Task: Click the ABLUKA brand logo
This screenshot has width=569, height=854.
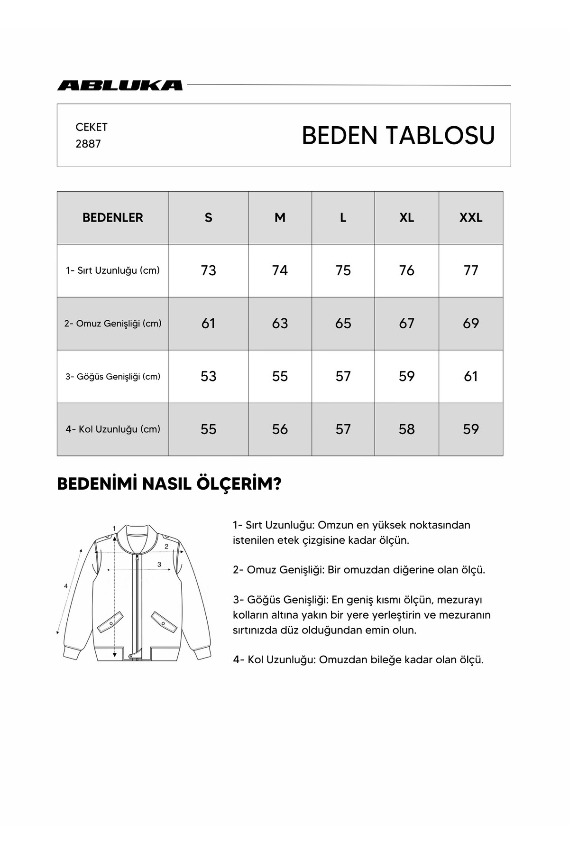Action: click(x=120, y=85)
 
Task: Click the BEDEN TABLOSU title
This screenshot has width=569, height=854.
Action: click(x=398, y=135)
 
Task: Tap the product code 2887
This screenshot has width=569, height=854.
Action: click(x=88, y=144)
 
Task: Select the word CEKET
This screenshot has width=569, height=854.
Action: click(x=92, y=127)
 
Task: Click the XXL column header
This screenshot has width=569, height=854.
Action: click(x=470, y=218)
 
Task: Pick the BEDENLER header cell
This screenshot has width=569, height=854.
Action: click(x=113, y=218)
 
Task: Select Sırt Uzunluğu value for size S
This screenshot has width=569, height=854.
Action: click(x=208, y=270)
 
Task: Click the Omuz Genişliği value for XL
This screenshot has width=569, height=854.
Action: click(x=406, y=324)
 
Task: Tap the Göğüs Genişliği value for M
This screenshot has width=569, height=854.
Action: click(x=280, y=376)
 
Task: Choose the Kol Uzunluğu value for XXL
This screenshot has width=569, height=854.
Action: click(x=470, y=429)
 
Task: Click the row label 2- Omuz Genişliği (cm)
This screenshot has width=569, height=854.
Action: click(x=113, y=324)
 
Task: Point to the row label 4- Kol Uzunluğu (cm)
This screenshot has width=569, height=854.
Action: click(x=113, y=429)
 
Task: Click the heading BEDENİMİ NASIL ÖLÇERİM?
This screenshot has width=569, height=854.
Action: click(x=169, y=484)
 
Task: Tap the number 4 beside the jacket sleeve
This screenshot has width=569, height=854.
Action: click(x=66, y=586)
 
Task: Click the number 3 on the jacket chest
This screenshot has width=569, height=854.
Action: click(x=159, y=564)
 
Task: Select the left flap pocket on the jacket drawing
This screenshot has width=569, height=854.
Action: click(x=110, y=622)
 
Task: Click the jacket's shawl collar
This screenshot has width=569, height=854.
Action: click(x=138, y=536)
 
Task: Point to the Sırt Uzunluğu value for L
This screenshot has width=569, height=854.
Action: click(x=343, y=270)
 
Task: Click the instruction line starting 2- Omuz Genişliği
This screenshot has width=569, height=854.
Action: click(x=359, y=570)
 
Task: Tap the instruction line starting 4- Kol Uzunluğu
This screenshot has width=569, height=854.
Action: click(x=358, y=659)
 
